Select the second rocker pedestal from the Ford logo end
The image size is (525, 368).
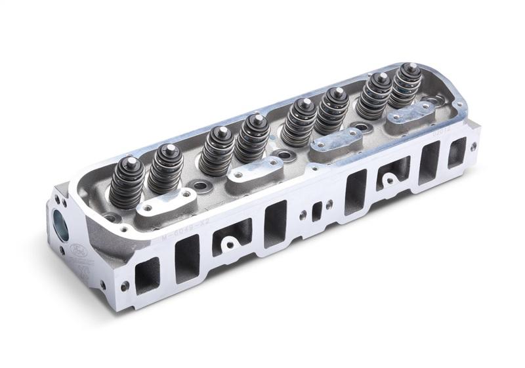[251, 169]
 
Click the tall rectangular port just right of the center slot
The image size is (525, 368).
[355, 192]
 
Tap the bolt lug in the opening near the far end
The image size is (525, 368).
[390, 178]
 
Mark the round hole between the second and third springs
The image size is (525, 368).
[197, 178]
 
